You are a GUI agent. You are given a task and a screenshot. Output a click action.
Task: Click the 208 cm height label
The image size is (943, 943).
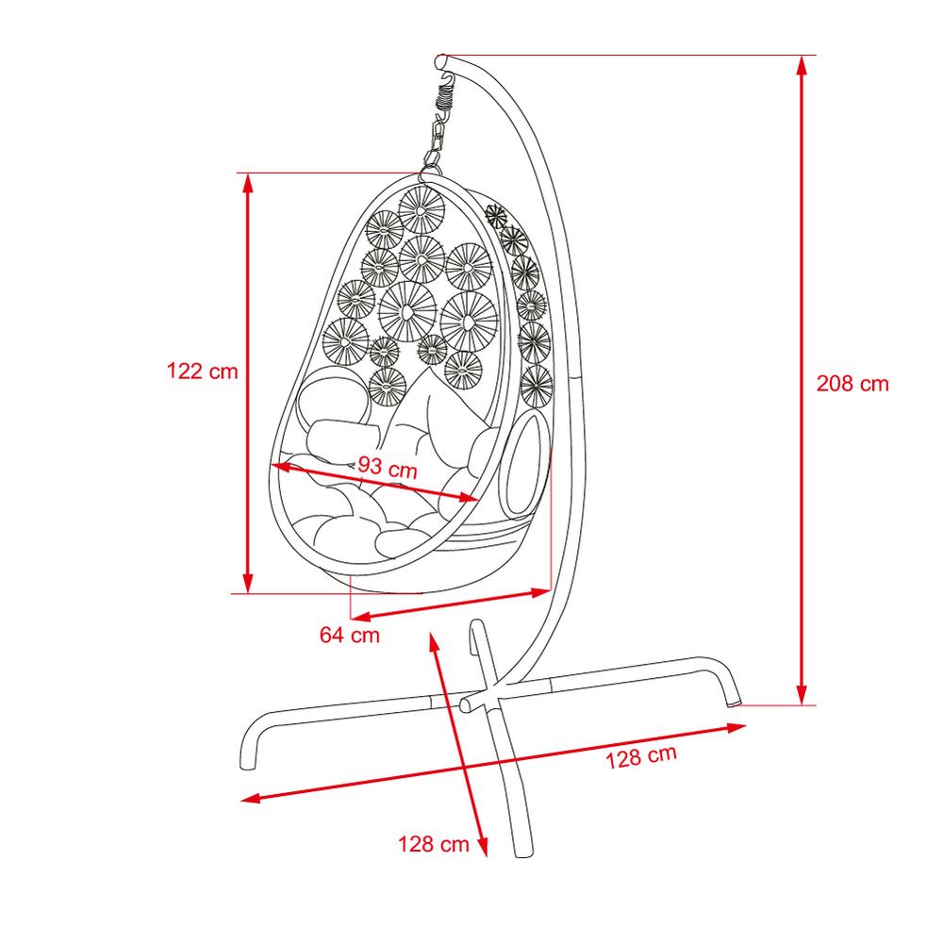[x=852, y=384]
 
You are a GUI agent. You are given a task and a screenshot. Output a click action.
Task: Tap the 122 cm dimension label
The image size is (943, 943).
[x=203, y=371]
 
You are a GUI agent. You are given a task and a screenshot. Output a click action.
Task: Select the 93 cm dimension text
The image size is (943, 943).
[x=388, y=467]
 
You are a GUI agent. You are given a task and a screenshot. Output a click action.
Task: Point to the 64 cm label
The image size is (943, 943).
[x=350, y=635]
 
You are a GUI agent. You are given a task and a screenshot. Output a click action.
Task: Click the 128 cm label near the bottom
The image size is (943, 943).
[x=433, y=844]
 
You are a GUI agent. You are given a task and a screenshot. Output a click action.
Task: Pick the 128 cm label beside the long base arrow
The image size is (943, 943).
[x=641, y=756]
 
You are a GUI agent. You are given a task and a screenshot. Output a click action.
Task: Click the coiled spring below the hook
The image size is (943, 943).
[x=445, y=96]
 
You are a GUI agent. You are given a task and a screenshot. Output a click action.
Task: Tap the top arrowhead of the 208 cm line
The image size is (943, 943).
[x=801, y=65]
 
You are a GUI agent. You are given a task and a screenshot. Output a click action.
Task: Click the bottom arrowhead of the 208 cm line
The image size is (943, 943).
[x=801, y=695]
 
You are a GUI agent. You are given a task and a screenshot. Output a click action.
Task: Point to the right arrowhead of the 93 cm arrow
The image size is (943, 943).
[x=469, y=497]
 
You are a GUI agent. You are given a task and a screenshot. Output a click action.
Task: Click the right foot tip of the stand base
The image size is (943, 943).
[x=734, y=700]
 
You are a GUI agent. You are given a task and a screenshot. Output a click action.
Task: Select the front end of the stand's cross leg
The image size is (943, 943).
[x=523, y=851]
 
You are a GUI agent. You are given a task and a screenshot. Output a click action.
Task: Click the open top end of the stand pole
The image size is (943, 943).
[x=441, y=61]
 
